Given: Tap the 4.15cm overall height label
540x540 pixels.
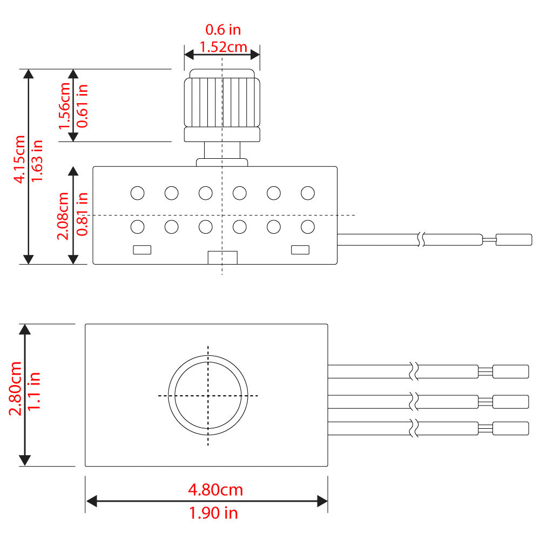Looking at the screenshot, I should point(20,159).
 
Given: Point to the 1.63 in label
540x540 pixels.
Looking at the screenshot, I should point(37,160).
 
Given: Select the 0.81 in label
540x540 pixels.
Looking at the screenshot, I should point(82,215).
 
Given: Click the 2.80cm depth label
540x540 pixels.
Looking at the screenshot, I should point(16,389).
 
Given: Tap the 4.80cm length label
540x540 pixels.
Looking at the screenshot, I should point(215,490).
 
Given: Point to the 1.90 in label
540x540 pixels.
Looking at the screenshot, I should point(214,512).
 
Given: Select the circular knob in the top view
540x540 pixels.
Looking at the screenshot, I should point(208,395).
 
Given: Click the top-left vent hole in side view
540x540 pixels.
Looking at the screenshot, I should point(137,192).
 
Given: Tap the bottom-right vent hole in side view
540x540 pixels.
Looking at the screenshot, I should point(308,227).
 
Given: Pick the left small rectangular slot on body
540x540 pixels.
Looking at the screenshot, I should point(142,249).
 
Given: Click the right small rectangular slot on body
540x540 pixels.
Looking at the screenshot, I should point(300,249).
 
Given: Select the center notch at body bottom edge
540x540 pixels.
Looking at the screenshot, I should point(222,258).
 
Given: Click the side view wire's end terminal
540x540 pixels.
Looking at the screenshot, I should point(514,239).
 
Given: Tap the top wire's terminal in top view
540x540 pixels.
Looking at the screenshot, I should point(510,372).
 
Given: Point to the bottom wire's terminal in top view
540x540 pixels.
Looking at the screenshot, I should point(510,429).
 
